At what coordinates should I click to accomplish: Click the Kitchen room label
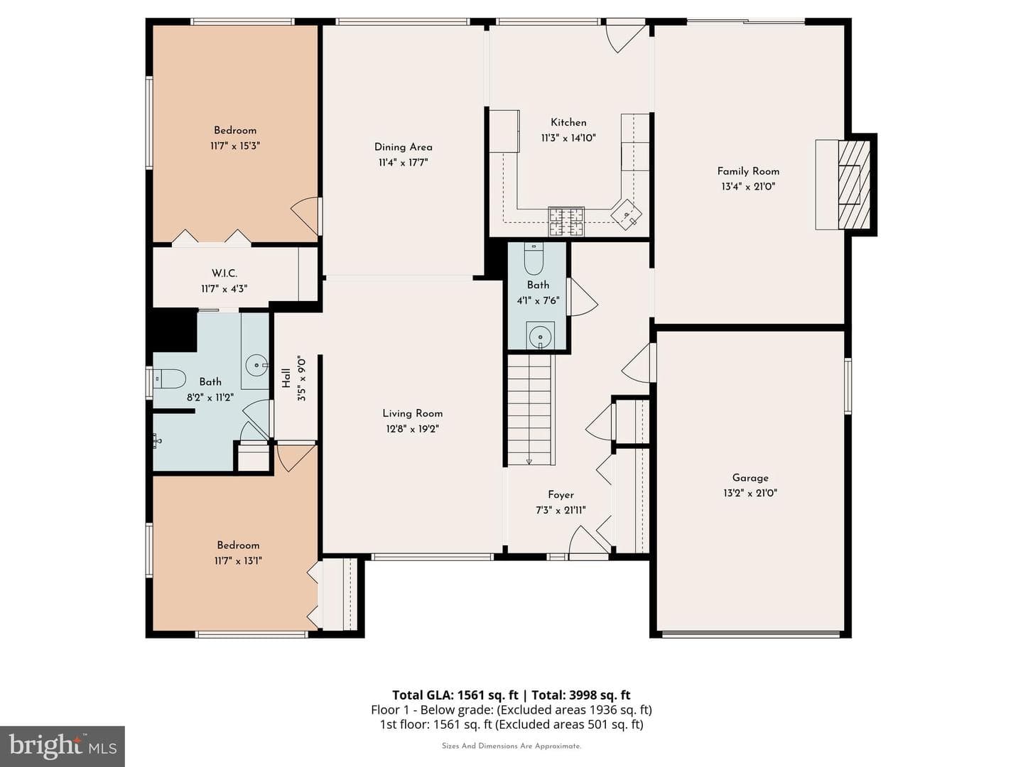tap(568, 122)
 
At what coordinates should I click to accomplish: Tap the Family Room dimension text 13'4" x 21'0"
tap(748, 187)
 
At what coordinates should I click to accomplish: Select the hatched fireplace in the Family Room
tap(854, 185)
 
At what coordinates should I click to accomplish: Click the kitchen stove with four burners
tap(565, 221)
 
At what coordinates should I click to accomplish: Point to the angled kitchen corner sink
tap(627, 214)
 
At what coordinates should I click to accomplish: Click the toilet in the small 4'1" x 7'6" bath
tap(534, 259)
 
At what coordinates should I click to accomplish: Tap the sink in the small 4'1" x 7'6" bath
tap(540, 334)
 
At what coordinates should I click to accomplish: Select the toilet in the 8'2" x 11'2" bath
tap(170, 379)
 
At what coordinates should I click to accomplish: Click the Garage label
tap(750, 478)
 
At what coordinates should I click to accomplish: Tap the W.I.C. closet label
tap(224, 273)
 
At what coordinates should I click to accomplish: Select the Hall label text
tap(286, 378)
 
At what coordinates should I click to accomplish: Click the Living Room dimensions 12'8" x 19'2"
tap(412, 429)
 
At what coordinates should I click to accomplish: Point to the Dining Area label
tap(403, 147)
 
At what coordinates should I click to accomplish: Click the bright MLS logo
tap(62, 746)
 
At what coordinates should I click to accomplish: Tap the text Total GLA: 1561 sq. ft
tap(455, 695)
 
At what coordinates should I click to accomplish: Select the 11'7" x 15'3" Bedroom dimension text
tap(235, 146)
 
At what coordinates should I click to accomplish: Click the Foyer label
tap(561, 494)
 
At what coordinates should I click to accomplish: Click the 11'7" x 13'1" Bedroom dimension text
tap(238, 561)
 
